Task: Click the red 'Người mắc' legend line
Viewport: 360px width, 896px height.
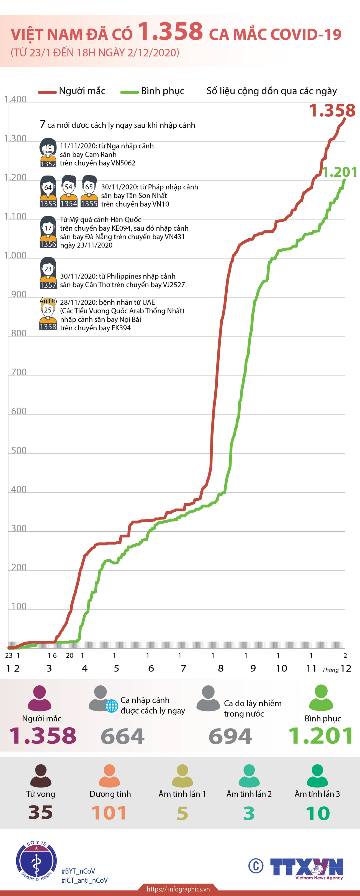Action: (47, 92)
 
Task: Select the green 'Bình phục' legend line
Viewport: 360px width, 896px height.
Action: (129, 92)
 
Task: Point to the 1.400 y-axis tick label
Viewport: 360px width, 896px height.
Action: (15, 99)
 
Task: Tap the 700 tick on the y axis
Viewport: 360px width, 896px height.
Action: (19, 372)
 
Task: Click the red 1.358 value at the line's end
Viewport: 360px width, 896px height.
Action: (332, 110)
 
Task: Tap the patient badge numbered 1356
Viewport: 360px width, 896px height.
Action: (48, 244)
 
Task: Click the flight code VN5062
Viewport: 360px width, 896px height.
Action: (123, 163)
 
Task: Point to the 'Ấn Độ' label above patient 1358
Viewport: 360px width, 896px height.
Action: (48, 301)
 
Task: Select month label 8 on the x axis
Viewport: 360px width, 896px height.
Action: (220, 668)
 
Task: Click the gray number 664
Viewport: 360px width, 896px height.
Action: (122, 736)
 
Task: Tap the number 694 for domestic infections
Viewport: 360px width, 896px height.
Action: (230, 736)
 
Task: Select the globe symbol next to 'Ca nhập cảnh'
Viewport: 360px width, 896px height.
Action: (112, 706)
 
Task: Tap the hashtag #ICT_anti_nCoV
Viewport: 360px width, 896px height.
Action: (84, 880)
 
